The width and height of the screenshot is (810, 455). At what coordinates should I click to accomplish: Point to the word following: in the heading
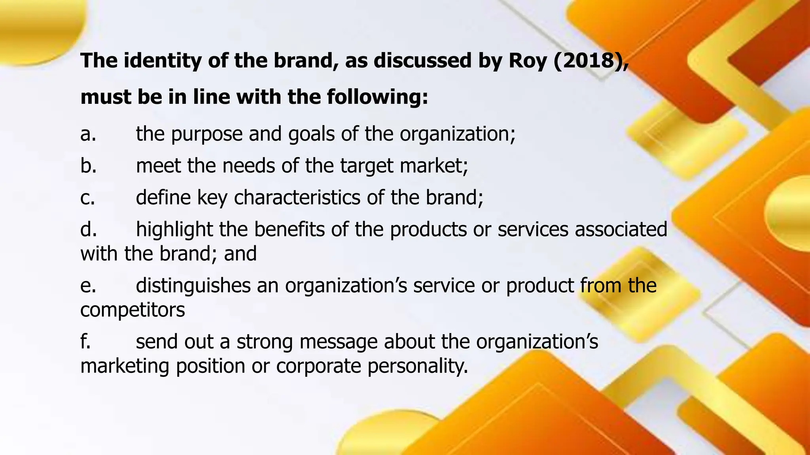pyautogui.click(x=378, y=97)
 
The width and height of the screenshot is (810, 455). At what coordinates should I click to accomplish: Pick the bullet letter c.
pyautogui.click(x=87, y=197)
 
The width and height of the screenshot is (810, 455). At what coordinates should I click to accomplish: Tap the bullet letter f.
pyautogui.click(x=85, y=341)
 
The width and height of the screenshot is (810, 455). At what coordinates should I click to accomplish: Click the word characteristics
pyautogui.click(x=297, y=197)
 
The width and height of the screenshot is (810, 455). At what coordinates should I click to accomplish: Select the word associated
pyautogui.click(x=621, y=229)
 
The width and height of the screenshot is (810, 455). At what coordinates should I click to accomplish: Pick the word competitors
pyautogui.click(x=132, y=310)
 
